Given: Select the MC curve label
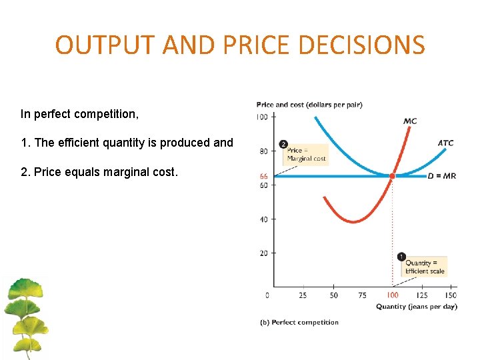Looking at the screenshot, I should [411, 121].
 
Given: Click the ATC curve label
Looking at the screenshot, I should [446, 143].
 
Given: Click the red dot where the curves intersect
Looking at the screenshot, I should [392, 176].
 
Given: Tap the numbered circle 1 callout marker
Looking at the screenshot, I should [401, 257].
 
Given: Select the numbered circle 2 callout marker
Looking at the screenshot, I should [283, 144].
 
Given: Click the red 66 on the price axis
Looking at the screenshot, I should [263, 176].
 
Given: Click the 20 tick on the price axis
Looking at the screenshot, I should [263, 253].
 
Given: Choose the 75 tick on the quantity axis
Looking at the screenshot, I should [362, 295].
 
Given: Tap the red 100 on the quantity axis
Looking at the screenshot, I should [392, 295].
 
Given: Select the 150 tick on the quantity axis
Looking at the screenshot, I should [451, 295].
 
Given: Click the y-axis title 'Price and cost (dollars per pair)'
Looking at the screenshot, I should [309, 105].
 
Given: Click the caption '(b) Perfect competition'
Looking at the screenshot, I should [299, 323].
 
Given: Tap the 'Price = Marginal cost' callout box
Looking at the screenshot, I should [307, 155].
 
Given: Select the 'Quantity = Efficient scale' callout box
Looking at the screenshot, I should [425, 267].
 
